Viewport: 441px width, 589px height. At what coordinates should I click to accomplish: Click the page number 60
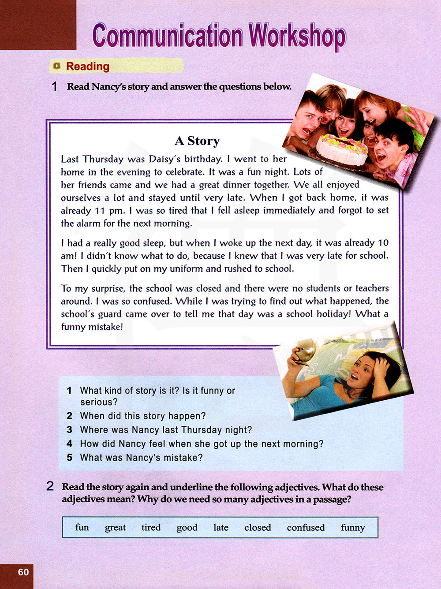23,572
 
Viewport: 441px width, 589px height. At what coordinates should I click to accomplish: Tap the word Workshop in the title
297,37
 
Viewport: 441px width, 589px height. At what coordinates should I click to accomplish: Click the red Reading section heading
87,67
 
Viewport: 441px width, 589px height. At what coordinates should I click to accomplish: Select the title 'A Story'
197,141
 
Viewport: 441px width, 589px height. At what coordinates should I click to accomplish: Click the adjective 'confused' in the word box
306,528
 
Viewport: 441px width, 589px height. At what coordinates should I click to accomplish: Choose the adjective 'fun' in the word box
82,528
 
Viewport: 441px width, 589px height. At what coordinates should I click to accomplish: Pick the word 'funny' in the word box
353,528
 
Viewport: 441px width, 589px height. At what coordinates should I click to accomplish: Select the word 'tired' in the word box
151,528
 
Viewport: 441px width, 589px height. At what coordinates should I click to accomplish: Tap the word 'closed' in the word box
258,528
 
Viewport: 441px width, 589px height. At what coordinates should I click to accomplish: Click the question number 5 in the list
70,458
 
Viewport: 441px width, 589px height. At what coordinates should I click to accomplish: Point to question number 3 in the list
70,430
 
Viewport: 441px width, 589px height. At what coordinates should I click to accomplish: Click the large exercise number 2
50,487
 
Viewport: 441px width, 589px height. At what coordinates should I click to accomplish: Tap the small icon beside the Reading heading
56,67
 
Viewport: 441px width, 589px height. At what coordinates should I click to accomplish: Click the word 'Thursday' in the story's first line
103,159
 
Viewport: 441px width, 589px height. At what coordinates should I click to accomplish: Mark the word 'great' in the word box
115,528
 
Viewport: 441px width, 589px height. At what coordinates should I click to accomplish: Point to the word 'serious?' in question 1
99,402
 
